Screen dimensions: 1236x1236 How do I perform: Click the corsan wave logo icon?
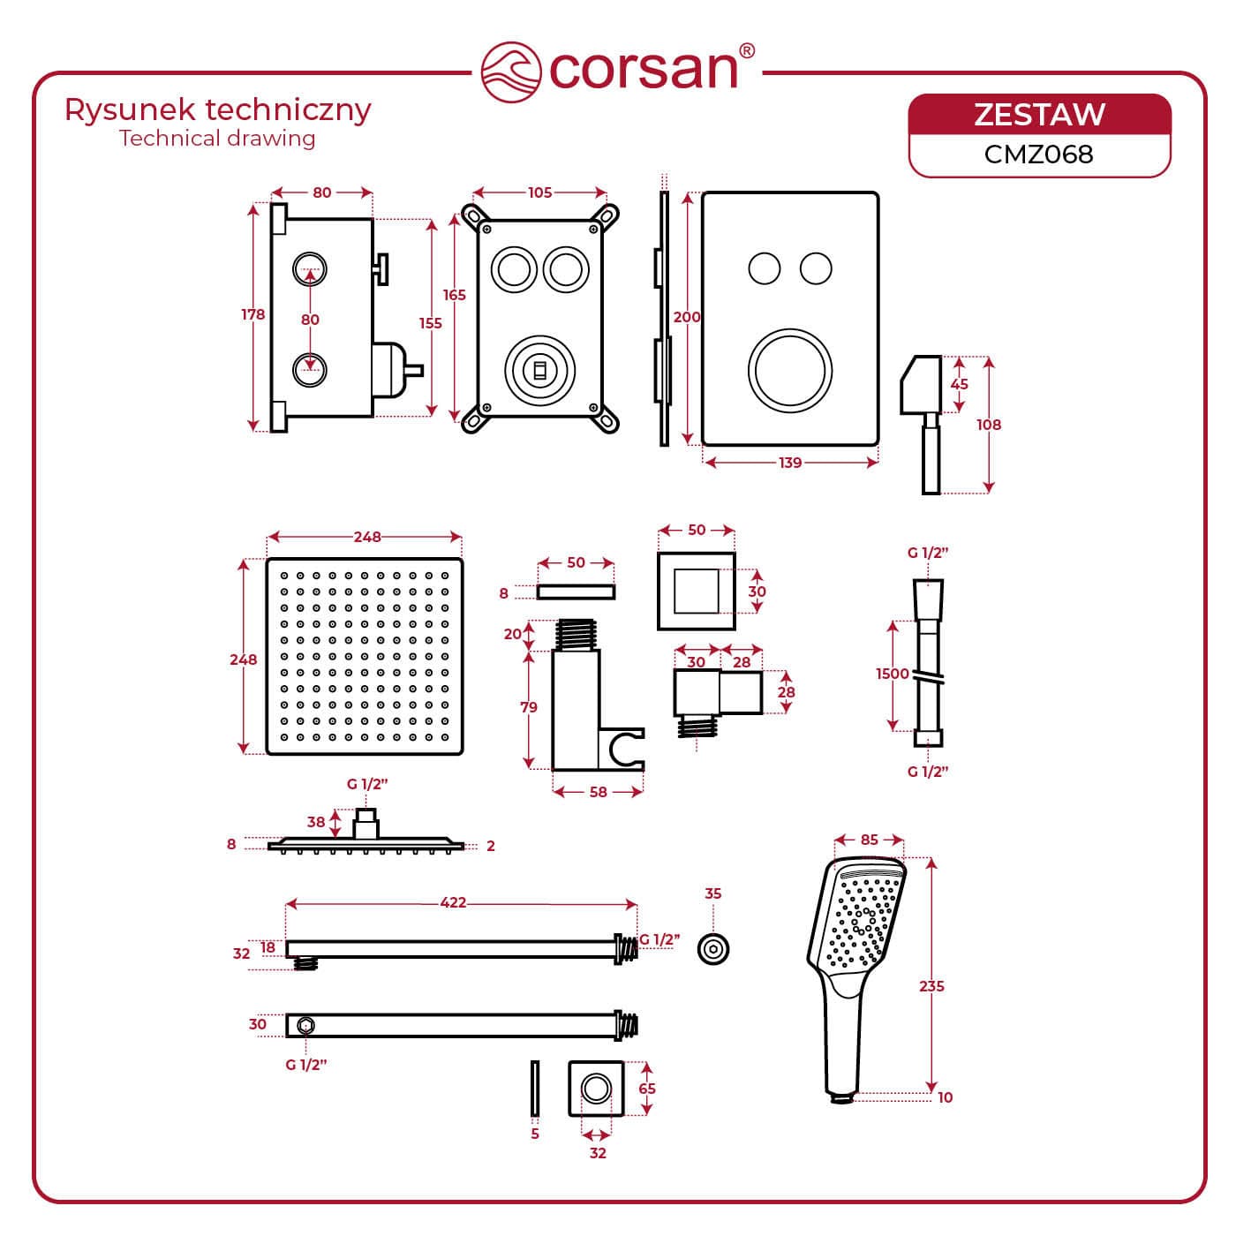510,71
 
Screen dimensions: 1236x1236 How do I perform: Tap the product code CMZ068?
1038,154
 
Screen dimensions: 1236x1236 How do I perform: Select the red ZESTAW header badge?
1039,115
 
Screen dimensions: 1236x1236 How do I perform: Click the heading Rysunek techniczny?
218,110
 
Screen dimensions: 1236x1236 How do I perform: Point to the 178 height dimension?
253,315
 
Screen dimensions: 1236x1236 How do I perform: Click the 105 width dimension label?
539,192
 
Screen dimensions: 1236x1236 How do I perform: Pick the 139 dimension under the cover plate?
789,463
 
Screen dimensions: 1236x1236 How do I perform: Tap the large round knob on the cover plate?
790,371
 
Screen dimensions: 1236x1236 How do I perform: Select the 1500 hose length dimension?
892,674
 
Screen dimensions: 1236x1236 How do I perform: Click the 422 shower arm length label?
453,902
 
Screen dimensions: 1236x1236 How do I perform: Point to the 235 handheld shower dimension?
931,986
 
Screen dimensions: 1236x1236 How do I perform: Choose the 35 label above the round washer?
713,893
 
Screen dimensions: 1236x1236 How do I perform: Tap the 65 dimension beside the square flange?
647,1089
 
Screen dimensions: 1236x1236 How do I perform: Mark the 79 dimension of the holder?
529,707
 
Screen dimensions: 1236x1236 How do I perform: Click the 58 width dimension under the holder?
598,792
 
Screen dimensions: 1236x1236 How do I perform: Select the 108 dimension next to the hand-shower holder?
989,425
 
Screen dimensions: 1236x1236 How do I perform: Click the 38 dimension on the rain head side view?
316,822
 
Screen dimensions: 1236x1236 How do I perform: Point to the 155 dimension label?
430,323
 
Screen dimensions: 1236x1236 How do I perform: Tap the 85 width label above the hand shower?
870,840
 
